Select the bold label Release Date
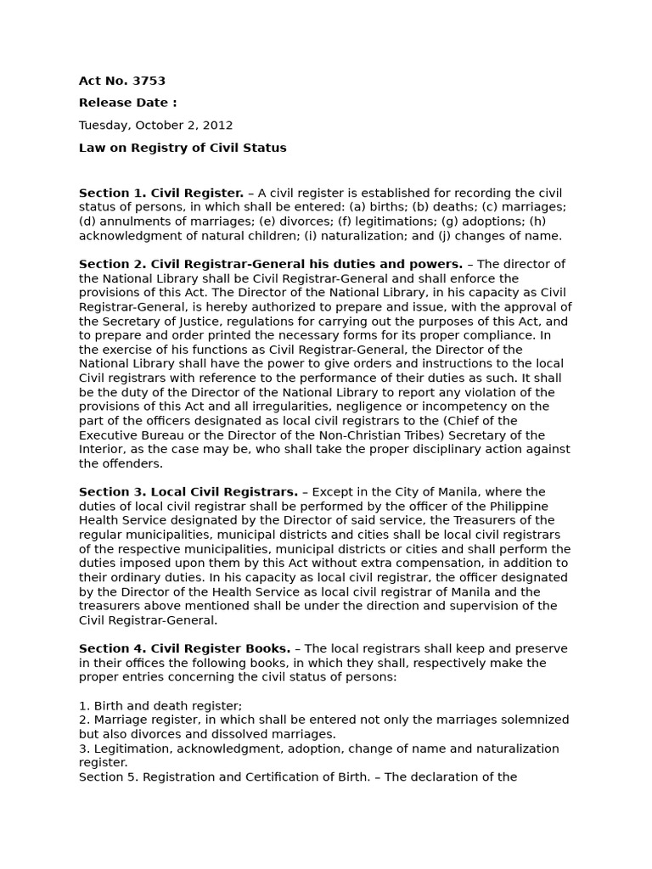point(127,103)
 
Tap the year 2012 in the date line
point(218,125)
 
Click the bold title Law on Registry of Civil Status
point(183,148)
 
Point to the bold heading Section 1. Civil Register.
point(161,193)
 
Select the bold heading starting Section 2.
point(271,264)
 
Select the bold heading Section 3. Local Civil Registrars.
point(188,492)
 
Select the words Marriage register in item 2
point(140,720)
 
